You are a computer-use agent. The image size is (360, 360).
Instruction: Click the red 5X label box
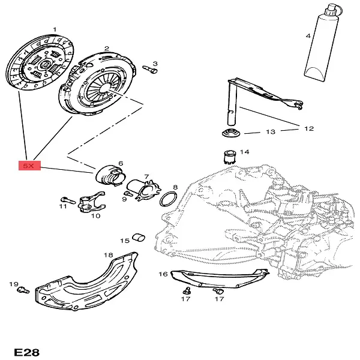[29, 165]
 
